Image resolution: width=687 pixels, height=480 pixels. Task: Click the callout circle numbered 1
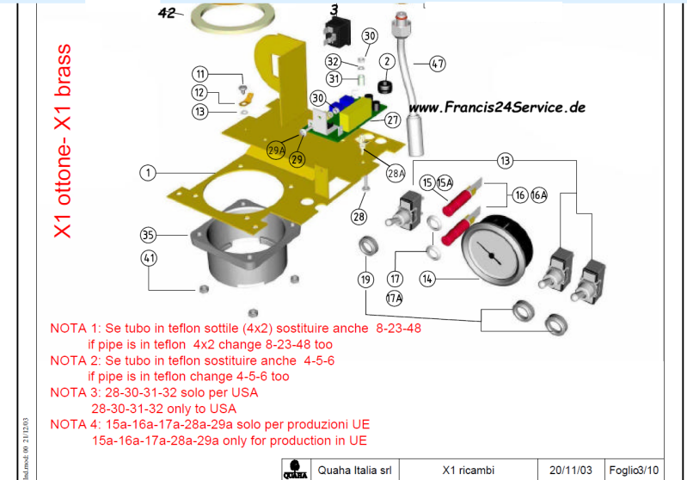[149, 173]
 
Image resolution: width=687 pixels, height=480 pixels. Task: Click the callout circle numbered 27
[392, 120]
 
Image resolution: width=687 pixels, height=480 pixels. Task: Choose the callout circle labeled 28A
[395, 173]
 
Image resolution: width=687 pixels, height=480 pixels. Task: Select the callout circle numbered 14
[428, 279]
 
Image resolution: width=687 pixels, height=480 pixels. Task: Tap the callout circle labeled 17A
[394, 299]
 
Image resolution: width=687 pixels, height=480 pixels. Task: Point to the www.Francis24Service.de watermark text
[496, 108]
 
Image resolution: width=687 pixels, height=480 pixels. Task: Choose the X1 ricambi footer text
[465, 470]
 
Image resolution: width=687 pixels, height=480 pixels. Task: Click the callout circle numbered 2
[387, 61]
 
